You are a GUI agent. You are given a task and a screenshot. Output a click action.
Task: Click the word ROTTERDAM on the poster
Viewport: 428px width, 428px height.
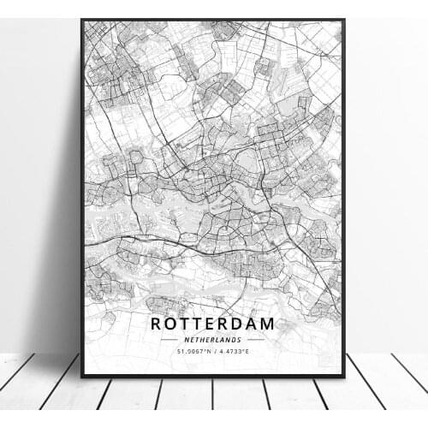pos(212,324)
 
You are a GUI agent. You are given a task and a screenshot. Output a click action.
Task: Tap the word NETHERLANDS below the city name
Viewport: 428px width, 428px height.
pos(212,339)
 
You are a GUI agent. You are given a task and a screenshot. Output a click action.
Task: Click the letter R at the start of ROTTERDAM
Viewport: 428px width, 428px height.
pos(156,324)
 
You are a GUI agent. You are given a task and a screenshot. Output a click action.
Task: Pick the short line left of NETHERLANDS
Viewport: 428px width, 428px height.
pos(169,339)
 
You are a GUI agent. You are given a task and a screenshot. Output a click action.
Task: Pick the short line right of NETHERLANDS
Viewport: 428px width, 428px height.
pos(256,339)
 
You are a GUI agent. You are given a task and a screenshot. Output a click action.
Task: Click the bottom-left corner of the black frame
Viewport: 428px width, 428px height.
pos(82,377)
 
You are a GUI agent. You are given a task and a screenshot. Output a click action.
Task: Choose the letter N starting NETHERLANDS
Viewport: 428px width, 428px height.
pos(184,339)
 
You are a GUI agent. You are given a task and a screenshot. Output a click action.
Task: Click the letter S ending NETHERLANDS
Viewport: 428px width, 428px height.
pos(241,339)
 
